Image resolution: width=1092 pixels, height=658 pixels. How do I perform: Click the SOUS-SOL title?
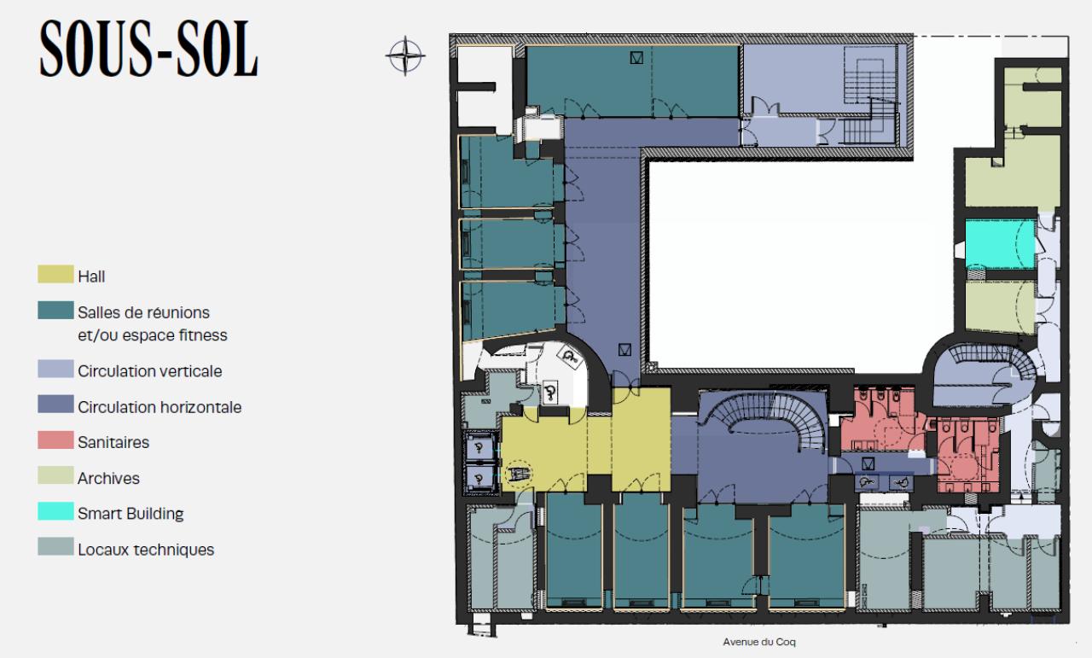coord(148,49)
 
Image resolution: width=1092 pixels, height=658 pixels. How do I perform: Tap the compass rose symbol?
coord(405,56)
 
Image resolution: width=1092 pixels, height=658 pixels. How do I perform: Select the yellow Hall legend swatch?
coord(55,274)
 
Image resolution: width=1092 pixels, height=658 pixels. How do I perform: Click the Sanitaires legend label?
coord(113,442)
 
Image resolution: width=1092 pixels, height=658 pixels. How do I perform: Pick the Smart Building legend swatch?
coord(55,511)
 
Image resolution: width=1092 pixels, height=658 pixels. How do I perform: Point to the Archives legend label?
coord(108,478)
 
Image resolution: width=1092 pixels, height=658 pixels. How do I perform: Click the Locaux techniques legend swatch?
coord(55,547)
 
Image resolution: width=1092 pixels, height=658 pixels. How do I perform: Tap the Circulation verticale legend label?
coord(149,371)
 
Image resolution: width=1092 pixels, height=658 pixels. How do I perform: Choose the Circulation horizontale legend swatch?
coord(55,405)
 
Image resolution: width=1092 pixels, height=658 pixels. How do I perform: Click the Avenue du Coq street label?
coord(759,642)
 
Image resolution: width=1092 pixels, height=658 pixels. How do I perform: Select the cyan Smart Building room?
coord(1001,244)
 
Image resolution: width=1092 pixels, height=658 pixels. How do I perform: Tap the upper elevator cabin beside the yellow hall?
coord(479,448)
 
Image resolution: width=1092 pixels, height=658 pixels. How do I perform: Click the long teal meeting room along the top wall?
coord(632,81)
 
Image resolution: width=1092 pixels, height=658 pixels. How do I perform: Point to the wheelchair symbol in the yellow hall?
coord(517,473)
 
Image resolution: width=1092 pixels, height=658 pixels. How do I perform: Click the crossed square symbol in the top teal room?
coord(636,58)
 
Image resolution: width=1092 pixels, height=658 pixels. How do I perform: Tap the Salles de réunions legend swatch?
coord(55,310)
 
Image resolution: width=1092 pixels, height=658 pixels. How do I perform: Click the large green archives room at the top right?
coord(1013,172)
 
